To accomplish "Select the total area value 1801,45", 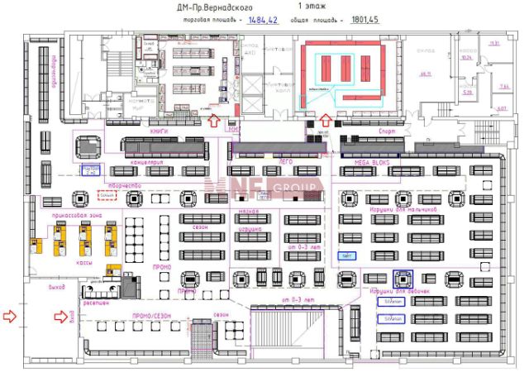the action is [365, 19].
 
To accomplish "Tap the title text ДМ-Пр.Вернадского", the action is [213, 7].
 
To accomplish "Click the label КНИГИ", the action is [159, 132].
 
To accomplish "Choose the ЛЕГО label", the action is [287, 163].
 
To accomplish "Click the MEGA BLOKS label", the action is [371, 163].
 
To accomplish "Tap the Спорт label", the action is [387, 132].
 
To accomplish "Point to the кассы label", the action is [83, 264].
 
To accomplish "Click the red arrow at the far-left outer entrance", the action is [10, 315].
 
